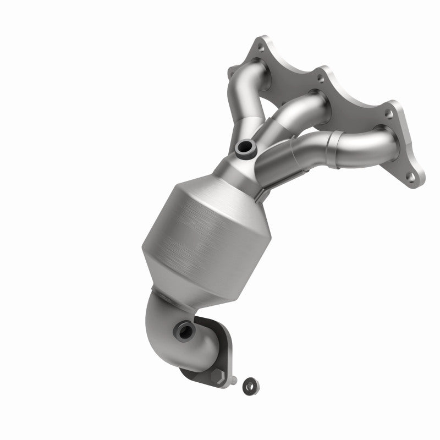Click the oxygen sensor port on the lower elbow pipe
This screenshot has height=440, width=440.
click(x=182, y=331)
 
